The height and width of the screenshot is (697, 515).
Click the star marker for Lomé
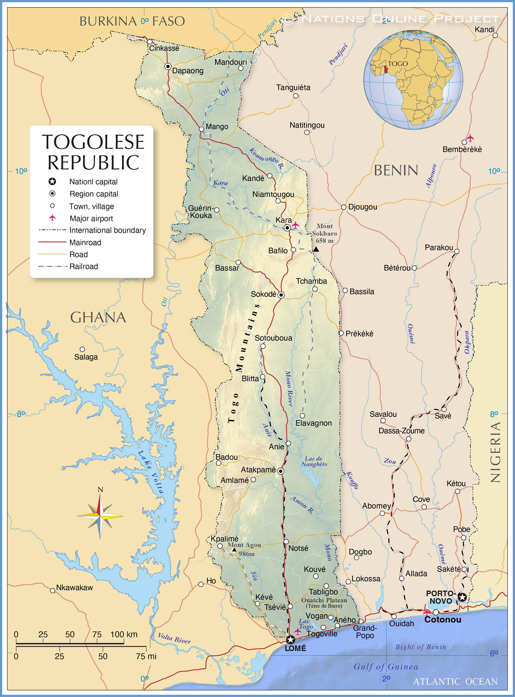290,640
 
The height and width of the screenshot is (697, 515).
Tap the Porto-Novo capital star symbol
462,597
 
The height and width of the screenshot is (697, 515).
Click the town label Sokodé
263,294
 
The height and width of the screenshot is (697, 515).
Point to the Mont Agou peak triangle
234,550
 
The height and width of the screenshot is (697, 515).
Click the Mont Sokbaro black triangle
316,249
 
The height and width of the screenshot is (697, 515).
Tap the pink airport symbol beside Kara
295,225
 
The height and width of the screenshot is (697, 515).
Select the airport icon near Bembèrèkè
470,138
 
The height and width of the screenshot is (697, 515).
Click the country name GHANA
98,317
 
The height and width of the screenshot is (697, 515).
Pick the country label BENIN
396,170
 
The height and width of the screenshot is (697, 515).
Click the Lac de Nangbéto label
314,461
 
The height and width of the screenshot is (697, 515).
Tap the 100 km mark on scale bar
124,634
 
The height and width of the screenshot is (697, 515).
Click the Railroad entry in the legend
84,266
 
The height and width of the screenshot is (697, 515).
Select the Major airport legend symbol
52,218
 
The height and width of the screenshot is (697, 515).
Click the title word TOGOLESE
93,142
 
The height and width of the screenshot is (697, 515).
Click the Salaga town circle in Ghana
82,349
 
